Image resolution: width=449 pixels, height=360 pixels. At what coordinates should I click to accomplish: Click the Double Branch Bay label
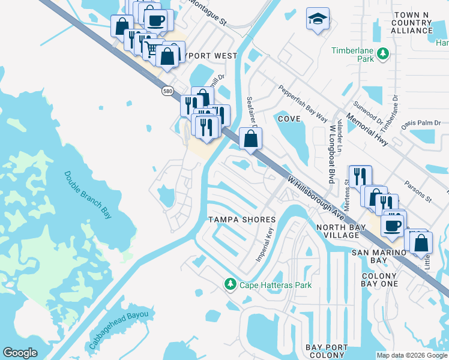click(x=88, y=194)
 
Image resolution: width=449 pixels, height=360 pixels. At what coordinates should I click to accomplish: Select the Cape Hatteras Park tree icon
click(x=229, y=283)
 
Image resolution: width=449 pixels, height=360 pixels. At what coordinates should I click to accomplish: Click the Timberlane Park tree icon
click(x=382, y=56)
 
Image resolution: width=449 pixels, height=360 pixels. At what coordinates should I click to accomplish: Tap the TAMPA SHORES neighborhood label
click(x=241, y=220)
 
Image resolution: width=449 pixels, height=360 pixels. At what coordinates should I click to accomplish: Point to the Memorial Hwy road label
click(x=369, y=127)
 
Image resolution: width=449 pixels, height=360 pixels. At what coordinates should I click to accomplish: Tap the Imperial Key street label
click(x=265, y=245)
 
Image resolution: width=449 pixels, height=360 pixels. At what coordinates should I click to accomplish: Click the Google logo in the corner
click(x=20, y=353)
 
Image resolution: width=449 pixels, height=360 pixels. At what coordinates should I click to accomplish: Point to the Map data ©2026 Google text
click(x=412, y=355)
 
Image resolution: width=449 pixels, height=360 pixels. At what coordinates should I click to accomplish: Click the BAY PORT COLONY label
click(x=325, y=352)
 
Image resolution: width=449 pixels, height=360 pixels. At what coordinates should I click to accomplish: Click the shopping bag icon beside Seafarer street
click(x=250, y=139)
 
